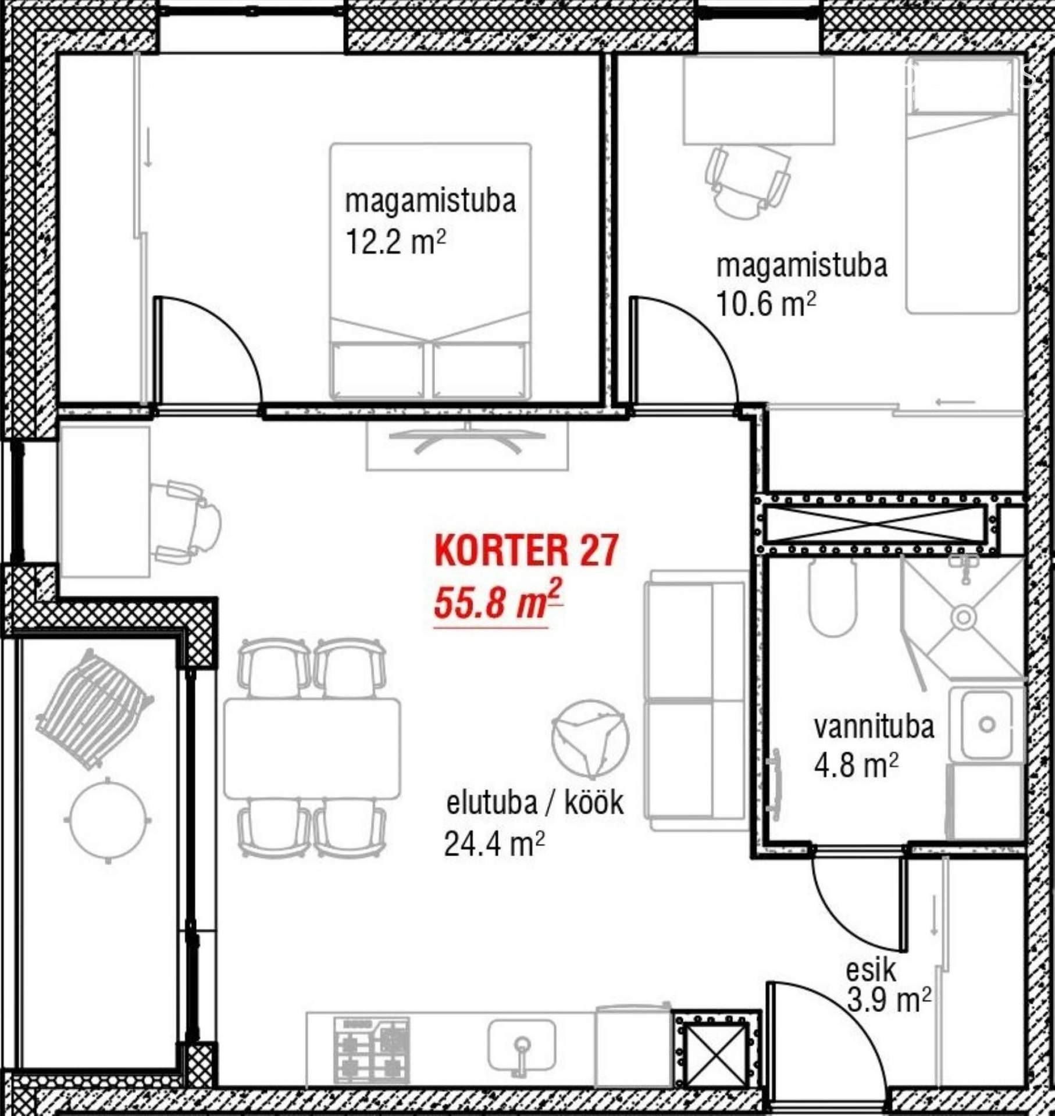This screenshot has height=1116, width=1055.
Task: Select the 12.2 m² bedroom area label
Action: [x=395, y=242]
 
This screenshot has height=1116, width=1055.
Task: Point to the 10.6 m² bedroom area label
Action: [x=766, y=303]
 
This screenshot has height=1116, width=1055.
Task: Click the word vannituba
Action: [x=874, y=727]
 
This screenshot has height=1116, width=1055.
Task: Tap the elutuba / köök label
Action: [x=534, y=803]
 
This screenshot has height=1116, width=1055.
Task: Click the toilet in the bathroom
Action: [x=833, y=598]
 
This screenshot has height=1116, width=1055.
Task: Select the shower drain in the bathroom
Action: [x=964, y=617]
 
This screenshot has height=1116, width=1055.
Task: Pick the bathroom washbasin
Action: [x=986, y=725]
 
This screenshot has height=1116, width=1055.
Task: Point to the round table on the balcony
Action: [x=108, y=820]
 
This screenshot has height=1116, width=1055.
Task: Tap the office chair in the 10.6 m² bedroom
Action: [x=747, y=182]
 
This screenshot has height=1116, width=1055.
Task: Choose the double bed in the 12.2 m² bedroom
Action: [x=431, y=271]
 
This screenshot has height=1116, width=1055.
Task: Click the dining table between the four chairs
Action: [x=312, y=748]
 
